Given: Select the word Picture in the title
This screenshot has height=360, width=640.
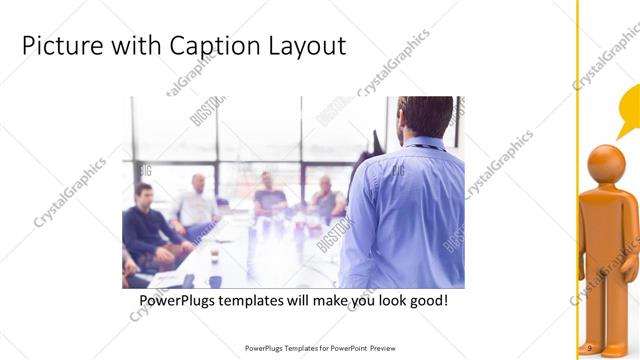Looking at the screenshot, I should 58,46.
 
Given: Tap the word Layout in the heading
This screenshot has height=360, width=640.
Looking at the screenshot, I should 306,46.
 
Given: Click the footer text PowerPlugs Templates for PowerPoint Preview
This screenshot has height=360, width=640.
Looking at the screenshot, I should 320,348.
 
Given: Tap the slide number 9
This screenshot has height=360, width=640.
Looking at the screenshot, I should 590,347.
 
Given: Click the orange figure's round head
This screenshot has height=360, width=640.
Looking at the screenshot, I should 606,164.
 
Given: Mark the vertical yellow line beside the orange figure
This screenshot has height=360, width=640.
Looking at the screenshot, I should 578,180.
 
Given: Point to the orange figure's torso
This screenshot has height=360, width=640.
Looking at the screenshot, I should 608,225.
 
